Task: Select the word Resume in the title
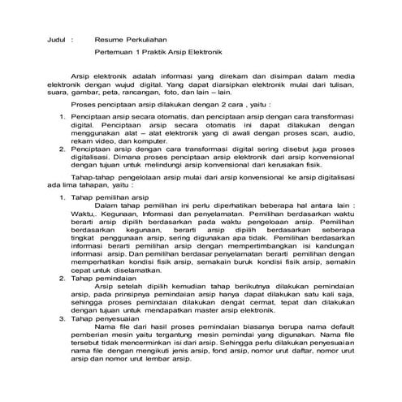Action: click(110, 38)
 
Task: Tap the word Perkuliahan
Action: click(152, 38)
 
